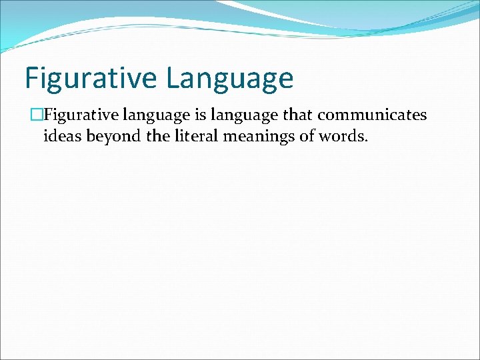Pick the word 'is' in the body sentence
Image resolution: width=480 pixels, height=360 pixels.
(201, 115)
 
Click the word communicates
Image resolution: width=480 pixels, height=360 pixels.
(372, 115)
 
